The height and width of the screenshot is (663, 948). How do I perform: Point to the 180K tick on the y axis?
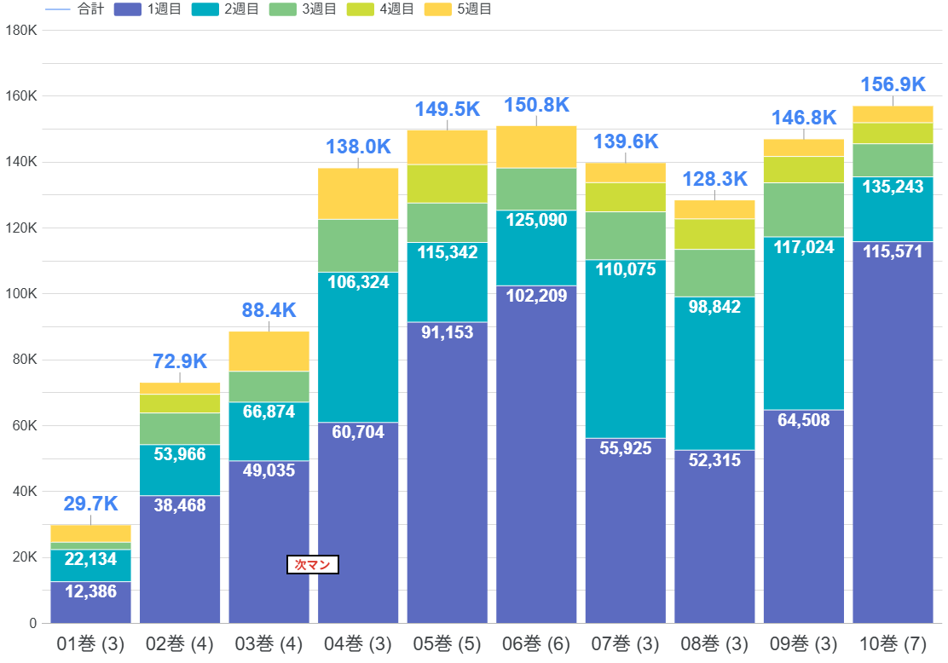[20, 30]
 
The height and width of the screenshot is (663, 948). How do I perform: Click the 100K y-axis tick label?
[20, 294]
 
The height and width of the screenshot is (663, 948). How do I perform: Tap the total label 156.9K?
[893, 84]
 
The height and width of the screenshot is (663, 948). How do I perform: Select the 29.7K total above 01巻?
[90, 504]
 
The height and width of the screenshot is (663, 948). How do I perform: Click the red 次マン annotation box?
[313, 564]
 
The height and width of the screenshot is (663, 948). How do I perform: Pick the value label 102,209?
[536, 297]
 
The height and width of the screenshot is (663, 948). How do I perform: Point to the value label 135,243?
[893, 187]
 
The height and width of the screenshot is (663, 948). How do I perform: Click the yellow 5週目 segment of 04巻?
[358, 193]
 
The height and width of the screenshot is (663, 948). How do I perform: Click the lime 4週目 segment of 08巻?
[714, 233]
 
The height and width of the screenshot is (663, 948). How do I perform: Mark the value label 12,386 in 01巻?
[90, 591]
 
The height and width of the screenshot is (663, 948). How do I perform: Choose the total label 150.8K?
[536, 106]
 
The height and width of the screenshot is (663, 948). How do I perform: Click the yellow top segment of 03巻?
[269, 351]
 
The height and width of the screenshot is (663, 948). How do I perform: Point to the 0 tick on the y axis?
[32, 624]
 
